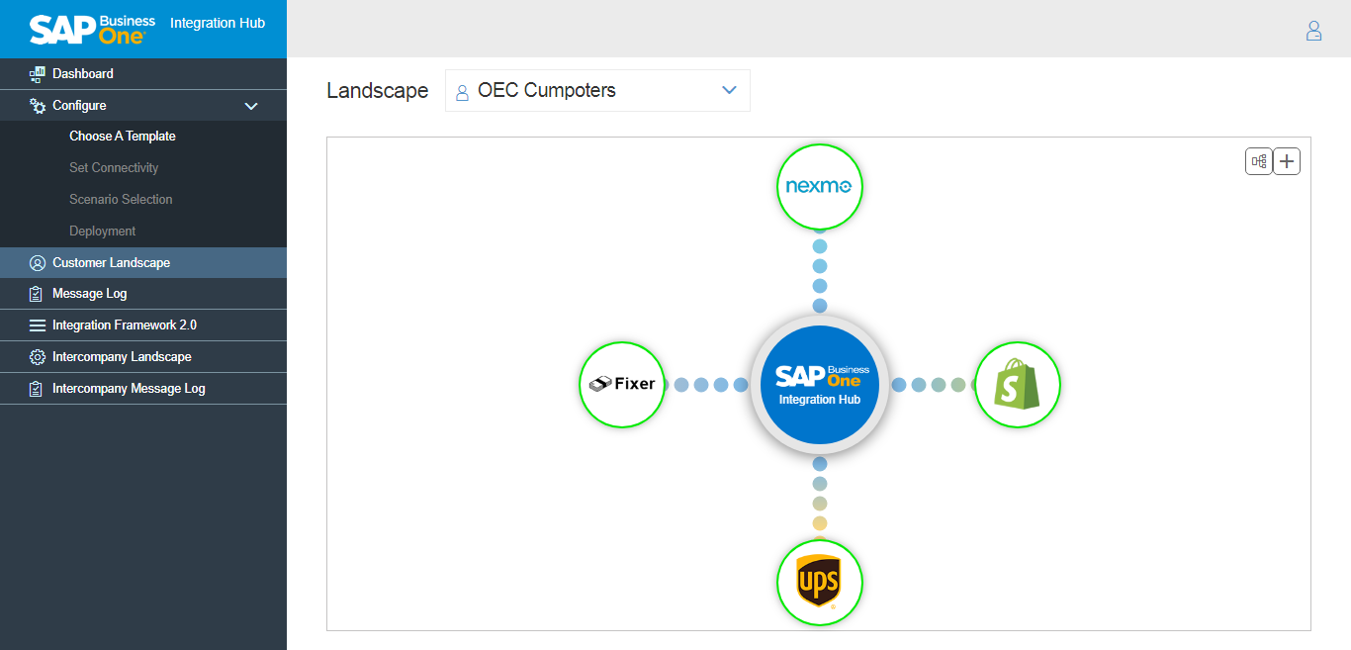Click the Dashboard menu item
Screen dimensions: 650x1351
tap(83, 74)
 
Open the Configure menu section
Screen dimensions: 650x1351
tap(79, 106)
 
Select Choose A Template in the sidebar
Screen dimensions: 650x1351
tap(123, 137)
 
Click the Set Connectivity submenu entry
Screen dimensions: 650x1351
tap(114, 168)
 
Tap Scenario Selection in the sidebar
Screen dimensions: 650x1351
tap(121, 200)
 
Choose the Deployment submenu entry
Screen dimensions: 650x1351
tap(103, 232)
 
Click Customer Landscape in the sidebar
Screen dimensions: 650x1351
tap(111, 263)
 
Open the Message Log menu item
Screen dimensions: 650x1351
tap(89, 294)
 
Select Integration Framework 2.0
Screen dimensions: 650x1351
tap(125, 325)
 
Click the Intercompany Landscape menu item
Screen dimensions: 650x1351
tap(122, 357)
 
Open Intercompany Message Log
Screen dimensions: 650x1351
tap(129, 389)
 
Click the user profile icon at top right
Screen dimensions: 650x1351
tap(1313, 31)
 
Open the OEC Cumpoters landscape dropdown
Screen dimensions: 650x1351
tap(597, 91)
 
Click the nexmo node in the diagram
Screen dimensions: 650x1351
tap(819, 187)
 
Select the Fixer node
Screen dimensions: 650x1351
tap(621, 384)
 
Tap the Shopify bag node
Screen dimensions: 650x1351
tap(1017, 385)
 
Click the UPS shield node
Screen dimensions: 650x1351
tap(819, 582)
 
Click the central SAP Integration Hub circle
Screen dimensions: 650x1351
tap(819, 385)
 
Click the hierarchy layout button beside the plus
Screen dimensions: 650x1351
tap(1258, 161)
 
